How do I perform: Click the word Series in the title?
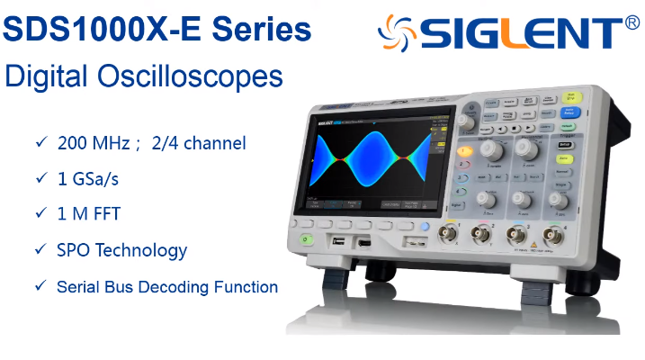tap(262, 31)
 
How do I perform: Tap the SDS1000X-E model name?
tap(105, 31)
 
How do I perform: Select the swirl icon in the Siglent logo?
tap(397, 33)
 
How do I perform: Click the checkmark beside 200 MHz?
tap(40, 142)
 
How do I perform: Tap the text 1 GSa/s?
tap(88, 179)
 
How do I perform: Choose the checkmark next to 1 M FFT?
tap(40, 214)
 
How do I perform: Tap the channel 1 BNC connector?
tap(447, 236)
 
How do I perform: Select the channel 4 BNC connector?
tap(554, 237)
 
